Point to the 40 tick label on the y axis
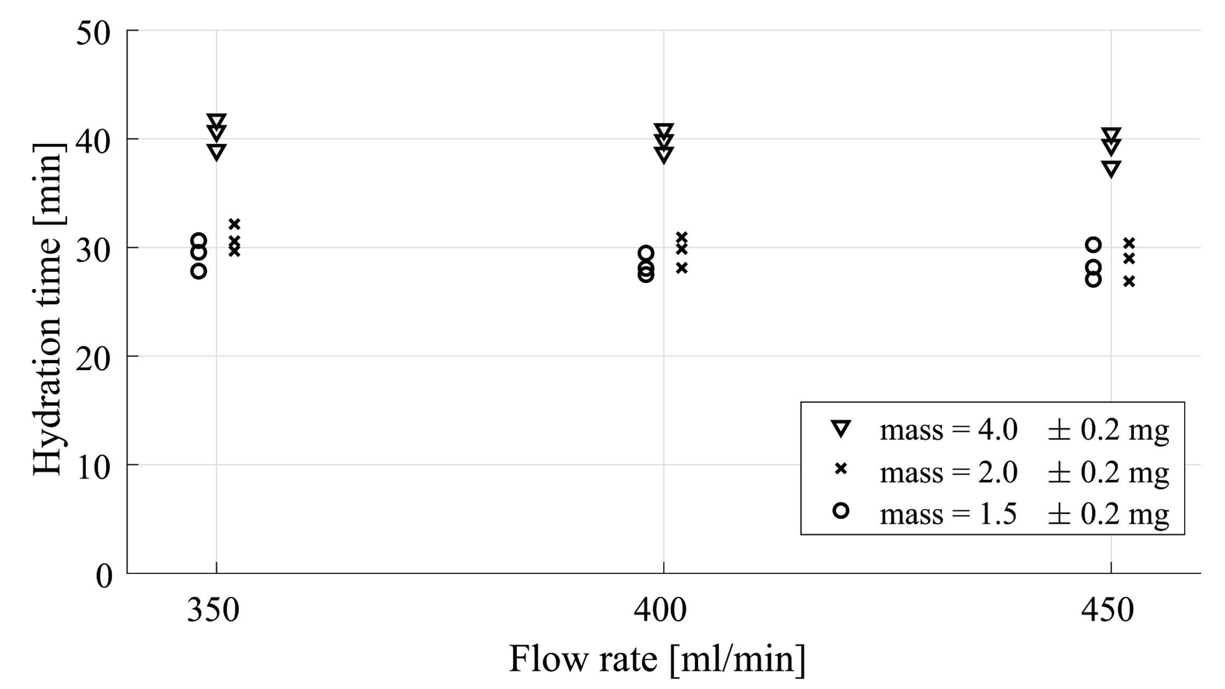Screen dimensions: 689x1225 pyautogui.click(x=93, y=141)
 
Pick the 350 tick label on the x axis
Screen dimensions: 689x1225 pyautogui.click(x=213, y=610)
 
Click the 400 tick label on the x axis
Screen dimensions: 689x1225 pyautogui.click(x=660, y=610)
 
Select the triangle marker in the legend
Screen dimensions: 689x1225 pyautogui.click(x=841, y=428)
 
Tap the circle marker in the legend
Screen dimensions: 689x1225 pyautogui.click(x=841, y=511)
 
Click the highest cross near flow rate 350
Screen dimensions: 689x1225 pyautogui.click(x=234, y=224)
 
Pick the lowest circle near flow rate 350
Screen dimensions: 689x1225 pyautogui.click(x=199, y=271)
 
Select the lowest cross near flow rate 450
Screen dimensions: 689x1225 pyautogui.click(x=1129, y=282)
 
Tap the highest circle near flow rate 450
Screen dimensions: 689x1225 pyautogui.click(x=1094, y=245)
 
